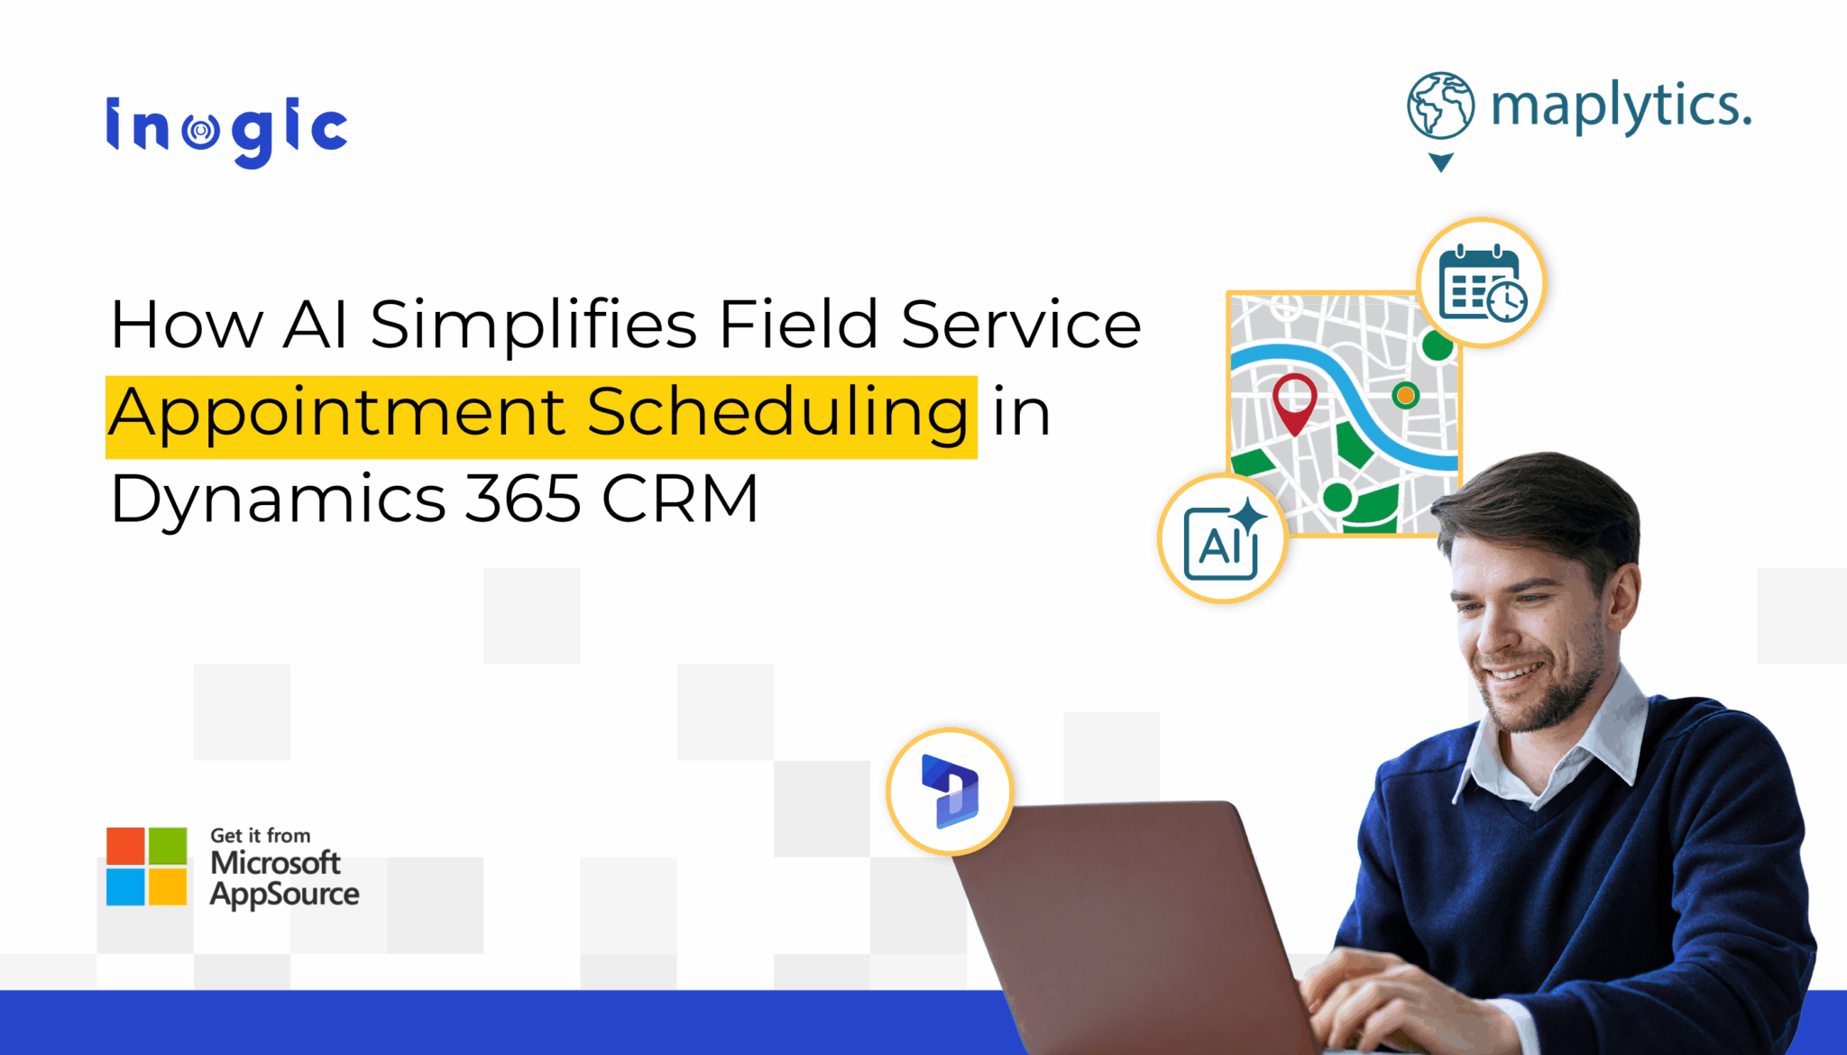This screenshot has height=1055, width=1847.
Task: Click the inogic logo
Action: click(x=226, y=131)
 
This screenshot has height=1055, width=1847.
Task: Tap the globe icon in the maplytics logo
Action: click(x=1440, y=105)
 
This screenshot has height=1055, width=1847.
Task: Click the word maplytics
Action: click(x=1621, y=107)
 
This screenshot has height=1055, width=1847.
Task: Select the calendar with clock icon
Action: click(x=1481, y=282)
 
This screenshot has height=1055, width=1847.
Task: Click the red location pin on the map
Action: click(x=1294, y=402)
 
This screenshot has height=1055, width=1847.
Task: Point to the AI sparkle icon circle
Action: click(x=1223, y=539)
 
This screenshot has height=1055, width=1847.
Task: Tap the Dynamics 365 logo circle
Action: click(x=950, y=791)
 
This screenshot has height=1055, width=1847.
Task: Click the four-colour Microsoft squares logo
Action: click(x=147, y=866)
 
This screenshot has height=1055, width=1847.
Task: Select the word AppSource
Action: click(x=284, y=894)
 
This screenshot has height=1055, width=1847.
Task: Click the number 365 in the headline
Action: click(x=522, y=499)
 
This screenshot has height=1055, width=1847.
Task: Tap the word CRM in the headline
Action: click(x=680, y=499)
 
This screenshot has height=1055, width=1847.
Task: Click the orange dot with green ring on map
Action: click(x=1405, y=395)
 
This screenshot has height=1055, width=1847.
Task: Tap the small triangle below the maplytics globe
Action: click(x=1441, y=162)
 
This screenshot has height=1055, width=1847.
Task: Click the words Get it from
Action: click(x=261, y=836)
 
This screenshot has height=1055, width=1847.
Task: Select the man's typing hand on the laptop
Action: click(x=1380, y=1001)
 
